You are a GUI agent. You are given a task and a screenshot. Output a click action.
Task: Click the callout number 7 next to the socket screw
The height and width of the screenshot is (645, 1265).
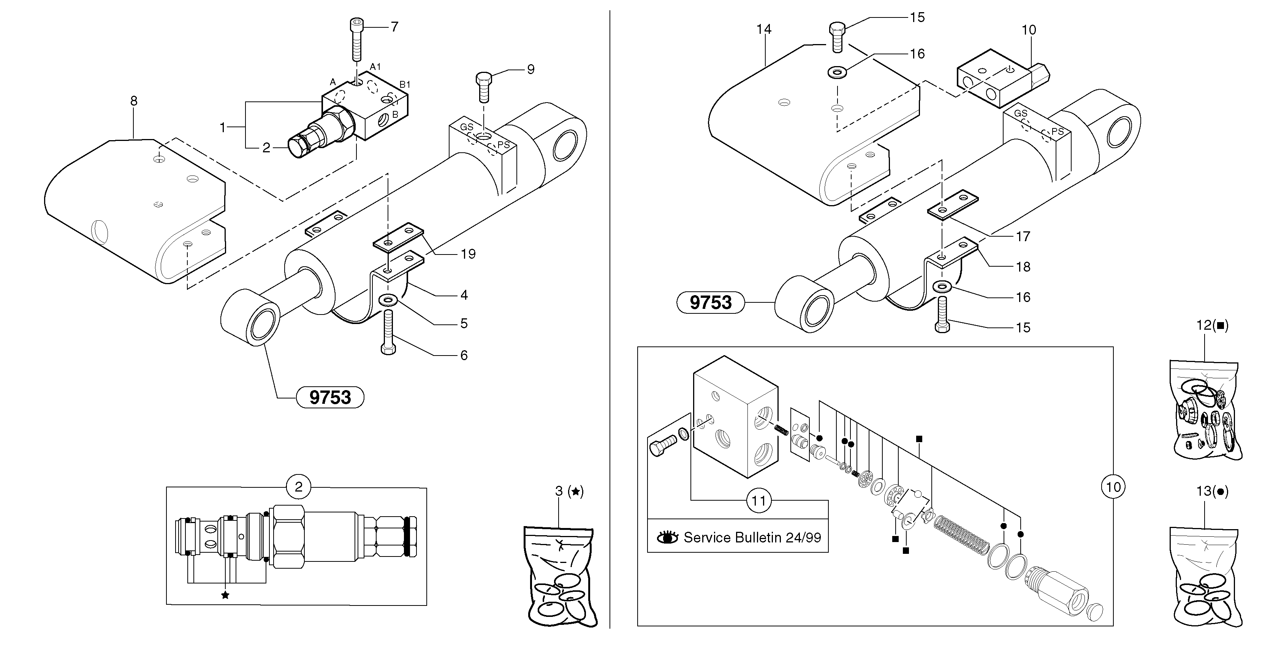coord(394,27)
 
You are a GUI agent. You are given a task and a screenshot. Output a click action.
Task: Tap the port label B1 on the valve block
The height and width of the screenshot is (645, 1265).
coord(405,84)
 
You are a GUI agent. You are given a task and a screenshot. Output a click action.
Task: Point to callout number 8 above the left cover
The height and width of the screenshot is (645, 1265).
coord(134,101)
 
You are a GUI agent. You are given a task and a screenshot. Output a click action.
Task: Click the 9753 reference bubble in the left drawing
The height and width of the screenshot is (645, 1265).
coord(330,397)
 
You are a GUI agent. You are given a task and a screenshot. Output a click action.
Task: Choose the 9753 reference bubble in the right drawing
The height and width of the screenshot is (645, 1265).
coord(711,302)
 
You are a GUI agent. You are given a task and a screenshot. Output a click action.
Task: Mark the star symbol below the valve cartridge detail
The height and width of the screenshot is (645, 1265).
coord(225,595)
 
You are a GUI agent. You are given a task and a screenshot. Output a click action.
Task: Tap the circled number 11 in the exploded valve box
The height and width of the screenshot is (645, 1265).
coord(759,501)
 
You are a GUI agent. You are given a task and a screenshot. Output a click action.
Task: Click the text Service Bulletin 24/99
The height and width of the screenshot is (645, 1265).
coord(752,537)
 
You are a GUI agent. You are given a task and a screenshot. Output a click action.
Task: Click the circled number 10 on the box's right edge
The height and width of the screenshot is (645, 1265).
coord(1113,487)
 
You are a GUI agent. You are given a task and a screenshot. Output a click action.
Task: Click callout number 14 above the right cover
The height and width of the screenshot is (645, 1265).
coord(764,30)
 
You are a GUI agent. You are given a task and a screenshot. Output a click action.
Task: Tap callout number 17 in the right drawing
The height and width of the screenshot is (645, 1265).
coord(1023,237)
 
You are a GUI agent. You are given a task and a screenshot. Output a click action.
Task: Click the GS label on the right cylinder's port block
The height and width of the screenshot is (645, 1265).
coord(1020,114)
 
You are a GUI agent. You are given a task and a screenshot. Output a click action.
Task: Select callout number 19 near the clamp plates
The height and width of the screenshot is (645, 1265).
coord(468,254)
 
